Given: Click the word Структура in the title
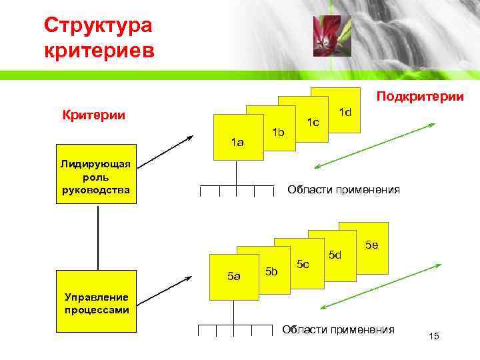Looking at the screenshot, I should [98, 26].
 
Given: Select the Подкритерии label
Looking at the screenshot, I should [420, 97].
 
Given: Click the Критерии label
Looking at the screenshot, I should [95, 115].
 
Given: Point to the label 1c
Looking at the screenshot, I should [312, 122].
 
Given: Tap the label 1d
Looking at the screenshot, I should [345, 112].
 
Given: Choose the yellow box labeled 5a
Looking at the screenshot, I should [233, 275].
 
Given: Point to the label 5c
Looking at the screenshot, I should [303, 265].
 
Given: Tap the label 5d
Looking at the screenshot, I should [335, 255].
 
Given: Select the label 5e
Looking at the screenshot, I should [372, 245].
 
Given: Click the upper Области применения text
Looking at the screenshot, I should [343, 190].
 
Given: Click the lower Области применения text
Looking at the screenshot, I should [338, 329].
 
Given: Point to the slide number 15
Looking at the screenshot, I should [435, 335].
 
